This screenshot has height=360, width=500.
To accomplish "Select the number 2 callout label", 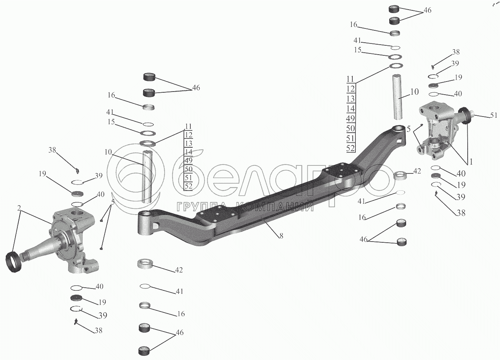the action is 18,208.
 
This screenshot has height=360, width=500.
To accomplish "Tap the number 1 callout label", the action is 470,162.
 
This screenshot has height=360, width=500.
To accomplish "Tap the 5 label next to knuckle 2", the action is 113,202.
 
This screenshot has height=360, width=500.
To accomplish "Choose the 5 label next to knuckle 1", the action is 409,128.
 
